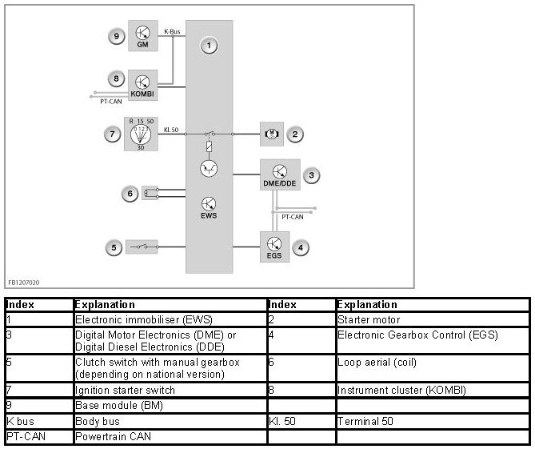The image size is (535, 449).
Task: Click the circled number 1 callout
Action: coord(209,46)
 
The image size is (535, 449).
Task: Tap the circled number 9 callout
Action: coord(117,35)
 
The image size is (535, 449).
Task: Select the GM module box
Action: coord(142,36)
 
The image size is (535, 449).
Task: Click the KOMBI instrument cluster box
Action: coord(142,85)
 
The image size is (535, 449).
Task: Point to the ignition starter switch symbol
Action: coord(141,134)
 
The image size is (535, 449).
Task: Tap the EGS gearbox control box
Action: coord(274,248)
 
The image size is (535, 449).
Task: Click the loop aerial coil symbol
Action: coord(148,193)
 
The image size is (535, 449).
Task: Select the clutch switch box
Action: coord(142,247)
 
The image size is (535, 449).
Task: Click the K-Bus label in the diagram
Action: coord(173,33)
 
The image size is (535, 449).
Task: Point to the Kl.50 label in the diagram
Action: coord(171,128)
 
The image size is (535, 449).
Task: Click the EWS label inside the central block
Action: coord(208,216)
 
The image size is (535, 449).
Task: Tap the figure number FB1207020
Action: coord(24,283)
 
